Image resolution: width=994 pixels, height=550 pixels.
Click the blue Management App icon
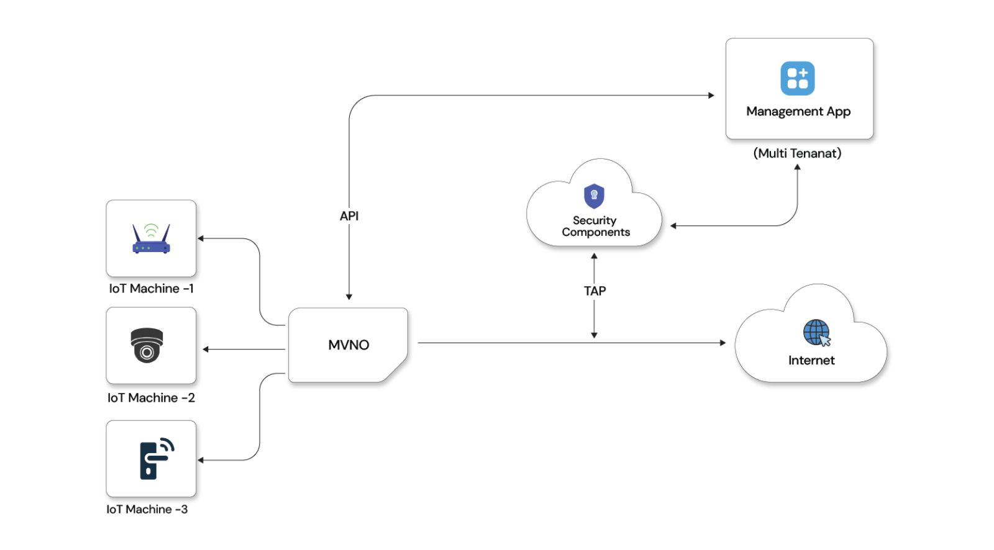[x=797, y=78]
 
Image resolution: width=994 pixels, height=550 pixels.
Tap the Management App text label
[x=798, y=112]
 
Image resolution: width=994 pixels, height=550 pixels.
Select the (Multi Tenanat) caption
[x=797, y=153]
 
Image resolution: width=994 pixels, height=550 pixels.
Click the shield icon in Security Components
[x=594, y=196]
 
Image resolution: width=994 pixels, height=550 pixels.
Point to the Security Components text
[x=595, y=227]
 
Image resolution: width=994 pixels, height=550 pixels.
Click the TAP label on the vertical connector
[x=595, y=291]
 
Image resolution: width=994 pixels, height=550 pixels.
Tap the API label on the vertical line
[x=349, y=216]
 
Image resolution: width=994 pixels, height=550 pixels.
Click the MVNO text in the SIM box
[x=349, y=345]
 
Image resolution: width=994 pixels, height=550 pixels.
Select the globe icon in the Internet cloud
[x=816, y=332]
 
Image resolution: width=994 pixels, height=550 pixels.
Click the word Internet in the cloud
[x=811, y=361]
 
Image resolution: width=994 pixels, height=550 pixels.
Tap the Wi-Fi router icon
[x=151, y=239]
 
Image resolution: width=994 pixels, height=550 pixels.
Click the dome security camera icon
[x=147, y=345]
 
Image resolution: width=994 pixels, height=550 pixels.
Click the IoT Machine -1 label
[x=151, y=289]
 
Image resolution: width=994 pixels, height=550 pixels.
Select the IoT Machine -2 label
[x=151, y=398]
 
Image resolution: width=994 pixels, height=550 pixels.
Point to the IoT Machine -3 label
[x=147, y=510]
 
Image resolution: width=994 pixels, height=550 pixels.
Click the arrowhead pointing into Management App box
[x=711, y=96]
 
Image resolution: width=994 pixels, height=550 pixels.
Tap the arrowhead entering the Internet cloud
[x=723, y=343]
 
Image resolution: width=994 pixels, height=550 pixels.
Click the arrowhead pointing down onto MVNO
[x=349, y=297]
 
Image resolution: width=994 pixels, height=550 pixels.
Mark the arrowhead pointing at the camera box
[x=206, y=349]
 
